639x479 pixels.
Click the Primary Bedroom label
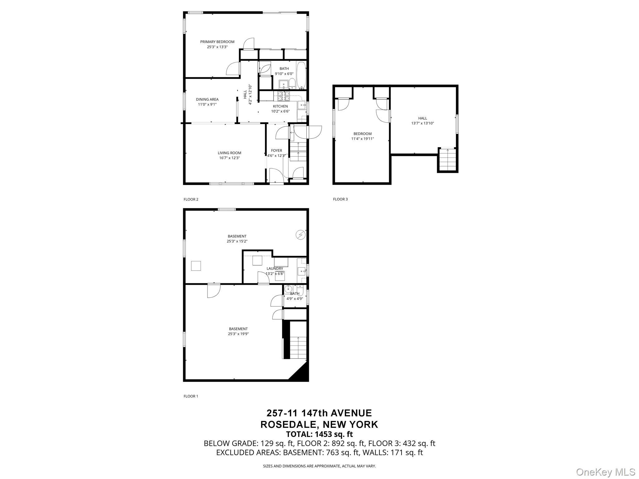pos(217,42)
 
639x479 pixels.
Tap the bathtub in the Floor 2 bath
pos(301,75)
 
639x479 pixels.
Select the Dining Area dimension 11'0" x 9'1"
pos(207,104)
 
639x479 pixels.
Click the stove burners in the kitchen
pos(284,96)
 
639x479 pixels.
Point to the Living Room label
pos(229,153)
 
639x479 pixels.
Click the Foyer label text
pos(276,151)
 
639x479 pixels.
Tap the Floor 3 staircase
pos(448,160)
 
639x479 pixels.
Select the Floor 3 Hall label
pos(422,118)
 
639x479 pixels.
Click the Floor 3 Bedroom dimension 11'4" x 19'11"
pos(363,139)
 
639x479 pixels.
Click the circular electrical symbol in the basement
pos(300,235)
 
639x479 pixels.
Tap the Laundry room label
pos(275,269)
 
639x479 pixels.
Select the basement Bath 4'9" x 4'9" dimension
pos(295,299)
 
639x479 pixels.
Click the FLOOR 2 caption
pos(191,199)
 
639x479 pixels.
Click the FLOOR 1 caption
pos(191,396)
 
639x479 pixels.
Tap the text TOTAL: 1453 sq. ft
pos(319,434)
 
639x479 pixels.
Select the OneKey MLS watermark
pos(605,472)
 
